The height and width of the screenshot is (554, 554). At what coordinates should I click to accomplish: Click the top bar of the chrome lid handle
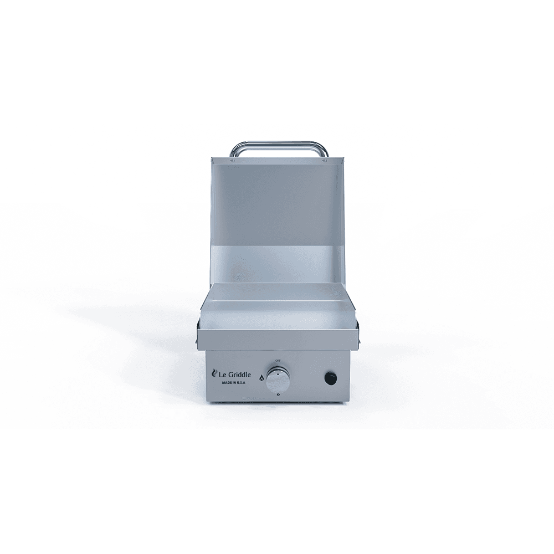[x=278, y=143]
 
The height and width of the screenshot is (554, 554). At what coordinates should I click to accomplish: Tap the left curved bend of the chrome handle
[x=234, y=148]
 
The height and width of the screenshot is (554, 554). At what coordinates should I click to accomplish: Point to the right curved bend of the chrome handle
[x=322, y=148]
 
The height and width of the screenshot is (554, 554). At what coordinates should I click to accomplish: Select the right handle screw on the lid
[x=324, y=161]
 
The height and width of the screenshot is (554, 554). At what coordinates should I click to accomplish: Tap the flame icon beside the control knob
[x=261, y=377]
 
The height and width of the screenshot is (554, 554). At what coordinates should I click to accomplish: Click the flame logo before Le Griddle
[x=213, y=373]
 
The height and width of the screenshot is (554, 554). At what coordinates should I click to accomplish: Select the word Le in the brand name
[x=220, y=373]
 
